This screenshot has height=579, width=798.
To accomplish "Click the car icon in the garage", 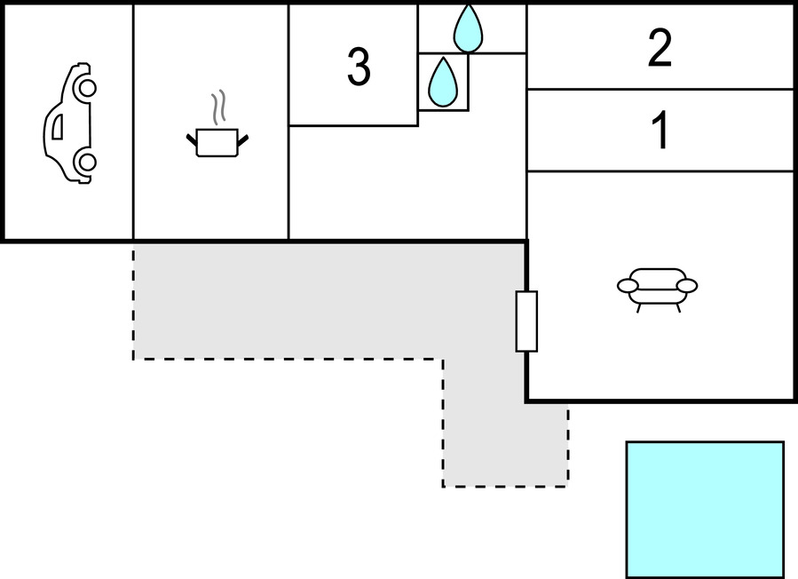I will [x=69, y=123].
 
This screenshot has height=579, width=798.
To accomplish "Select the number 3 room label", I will [x=358, y=68].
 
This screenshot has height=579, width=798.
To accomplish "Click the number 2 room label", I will [x=660, y=50].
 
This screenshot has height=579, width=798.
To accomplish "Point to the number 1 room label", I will [x=660, y=131].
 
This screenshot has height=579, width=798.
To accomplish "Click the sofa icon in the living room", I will [x=657, y=286].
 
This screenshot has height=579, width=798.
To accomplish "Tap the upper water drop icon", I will [x=468, y=28].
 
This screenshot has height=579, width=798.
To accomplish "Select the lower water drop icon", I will [x=442, y=83].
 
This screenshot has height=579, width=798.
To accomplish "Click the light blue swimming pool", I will [x=705, y=510].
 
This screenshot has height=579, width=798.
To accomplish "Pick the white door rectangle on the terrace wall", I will [x=526, y=321].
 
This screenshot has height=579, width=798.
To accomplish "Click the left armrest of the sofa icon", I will [x=628, y=285].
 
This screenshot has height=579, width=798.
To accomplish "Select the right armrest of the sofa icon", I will [x=686, y=285].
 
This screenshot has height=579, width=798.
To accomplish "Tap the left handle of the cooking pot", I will [x=192, y=139].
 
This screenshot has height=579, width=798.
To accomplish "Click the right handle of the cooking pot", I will [x=242, y=138].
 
